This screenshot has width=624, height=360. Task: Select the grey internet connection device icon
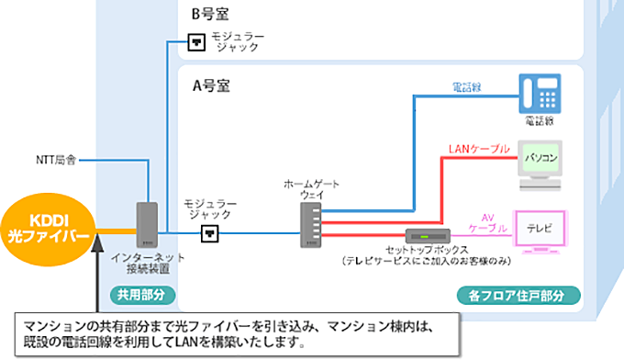pos(147,226)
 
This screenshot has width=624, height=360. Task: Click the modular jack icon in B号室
pos(195,41)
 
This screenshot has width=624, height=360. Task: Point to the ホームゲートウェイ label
pos(311,190)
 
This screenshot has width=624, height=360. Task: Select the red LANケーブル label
pos(474,147)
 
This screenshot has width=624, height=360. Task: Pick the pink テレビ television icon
pos(540,227)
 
